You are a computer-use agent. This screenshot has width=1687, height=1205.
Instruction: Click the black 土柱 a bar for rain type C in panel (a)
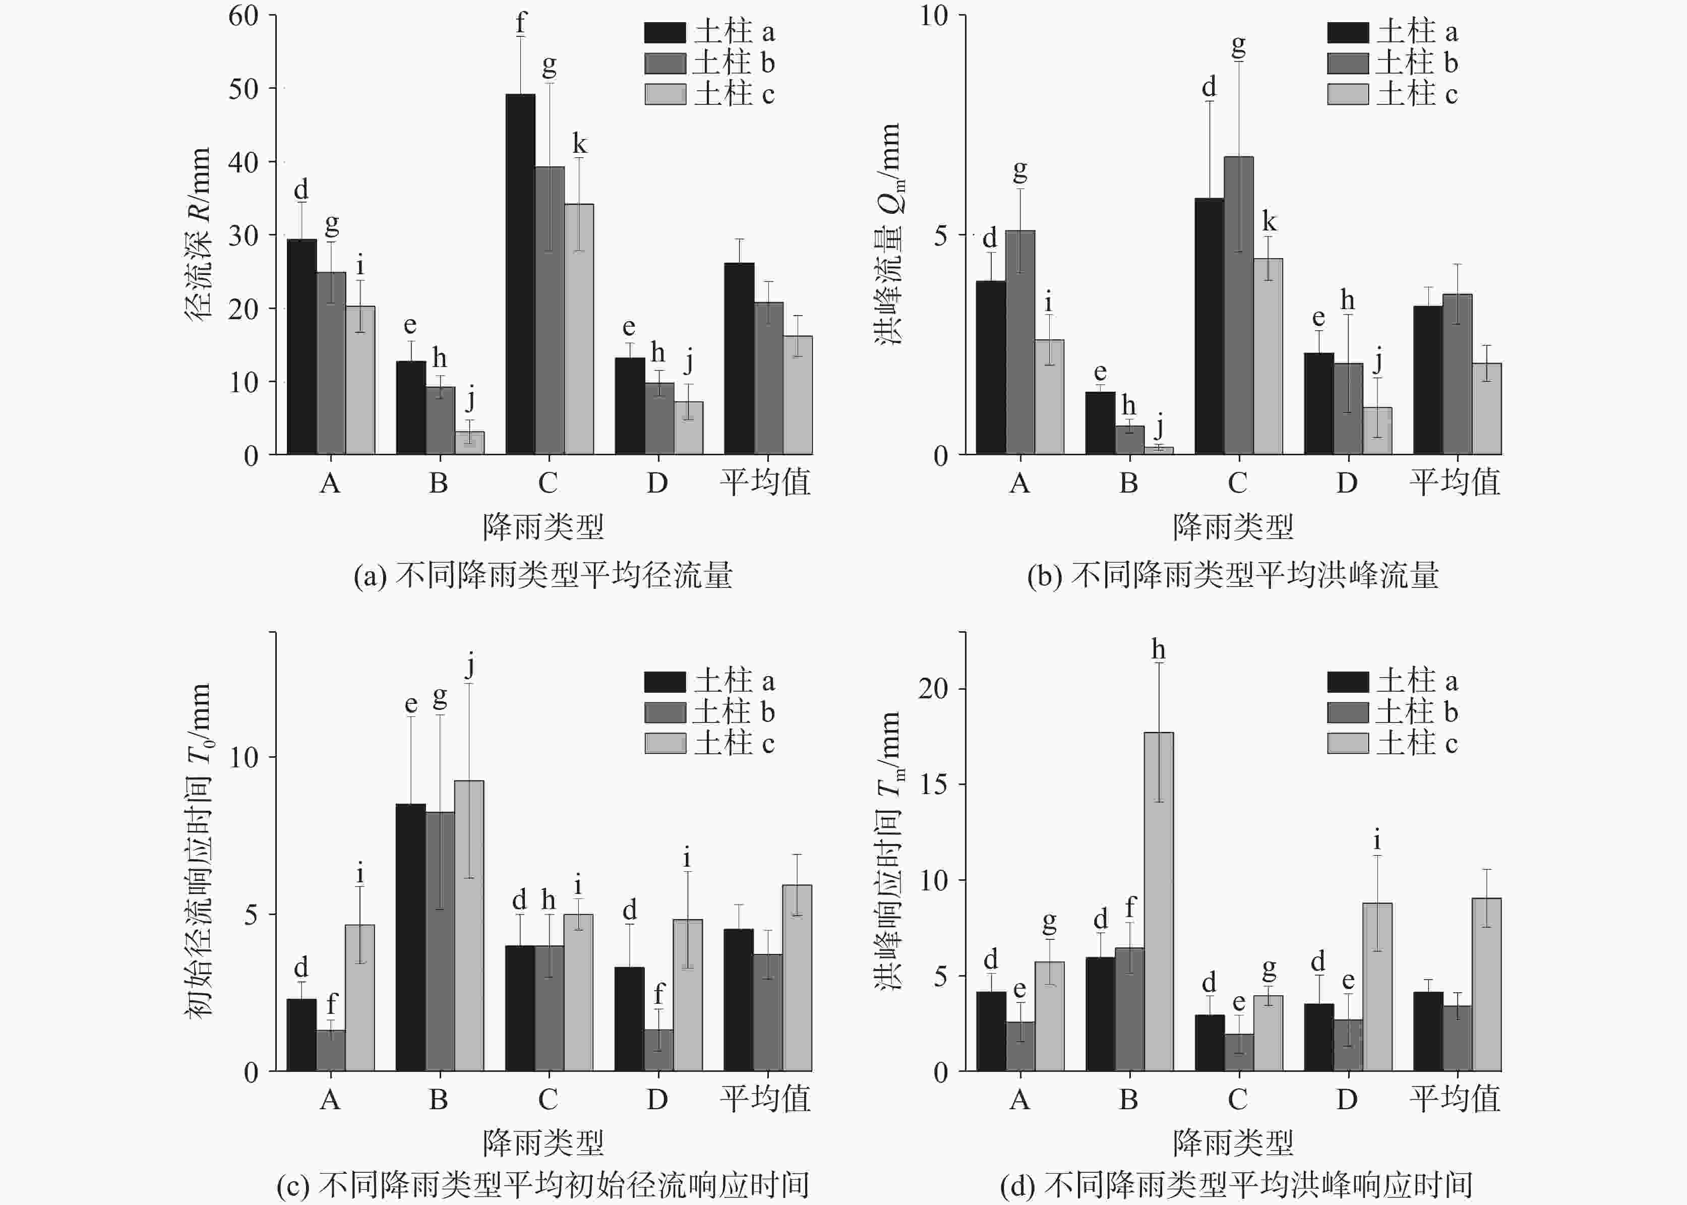click(x=520, y=275)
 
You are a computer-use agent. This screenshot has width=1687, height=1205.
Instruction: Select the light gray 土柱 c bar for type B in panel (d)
click(x=1158, y=901)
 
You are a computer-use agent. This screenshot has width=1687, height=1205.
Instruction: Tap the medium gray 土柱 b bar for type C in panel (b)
click(x=1238, y=306)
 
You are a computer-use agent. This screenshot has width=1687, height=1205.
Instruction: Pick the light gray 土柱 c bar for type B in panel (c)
click(x=469, y=926)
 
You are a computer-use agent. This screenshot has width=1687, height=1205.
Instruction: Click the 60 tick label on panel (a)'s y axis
click(x=244, y=16)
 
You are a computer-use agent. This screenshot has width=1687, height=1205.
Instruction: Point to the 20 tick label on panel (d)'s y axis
click(x=933, y=689)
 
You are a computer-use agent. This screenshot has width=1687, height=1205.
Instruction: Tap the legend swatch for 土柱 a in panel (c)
click(x=665, y=681)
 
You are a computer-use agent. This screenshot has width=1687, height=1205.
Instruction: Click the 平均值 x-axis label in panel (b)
click(x=1455, y=483)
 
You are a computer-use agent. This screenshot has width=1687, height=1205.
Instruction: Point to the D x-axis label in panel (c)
click(x=656, y=1099)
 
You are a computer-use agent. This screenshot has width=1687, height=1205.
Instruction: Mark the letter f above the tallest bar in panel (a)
click(x=521, y=24)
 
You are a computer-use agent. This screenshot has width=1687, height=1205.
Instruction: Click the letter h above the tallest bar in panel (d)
click(x=1158, y=650)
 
